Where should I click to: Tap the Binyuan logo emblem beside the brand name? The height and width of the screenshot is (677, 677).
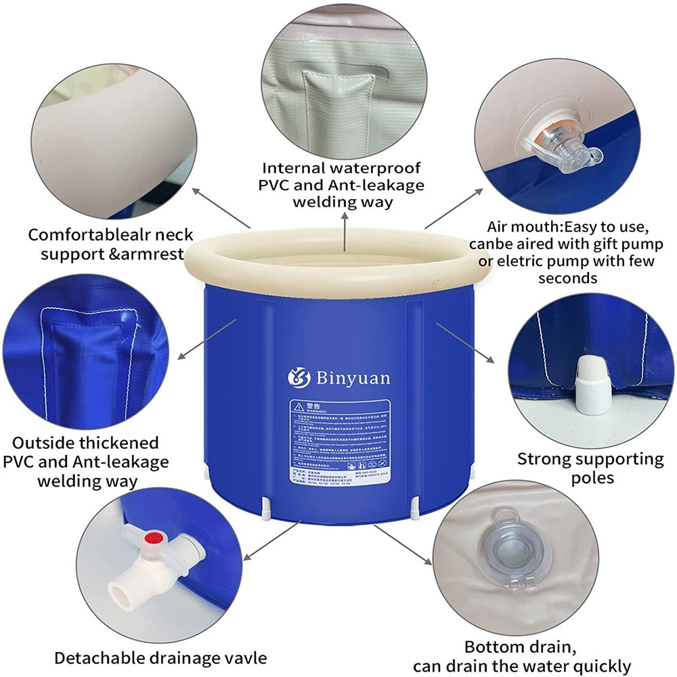click(x=299, y=377)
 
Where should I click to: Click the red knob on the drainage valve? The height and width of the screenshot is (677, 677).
click(x=153, y=540)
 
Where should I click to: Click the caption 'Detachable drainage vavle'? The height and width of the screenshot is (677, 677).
click(x=160, y=657)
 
